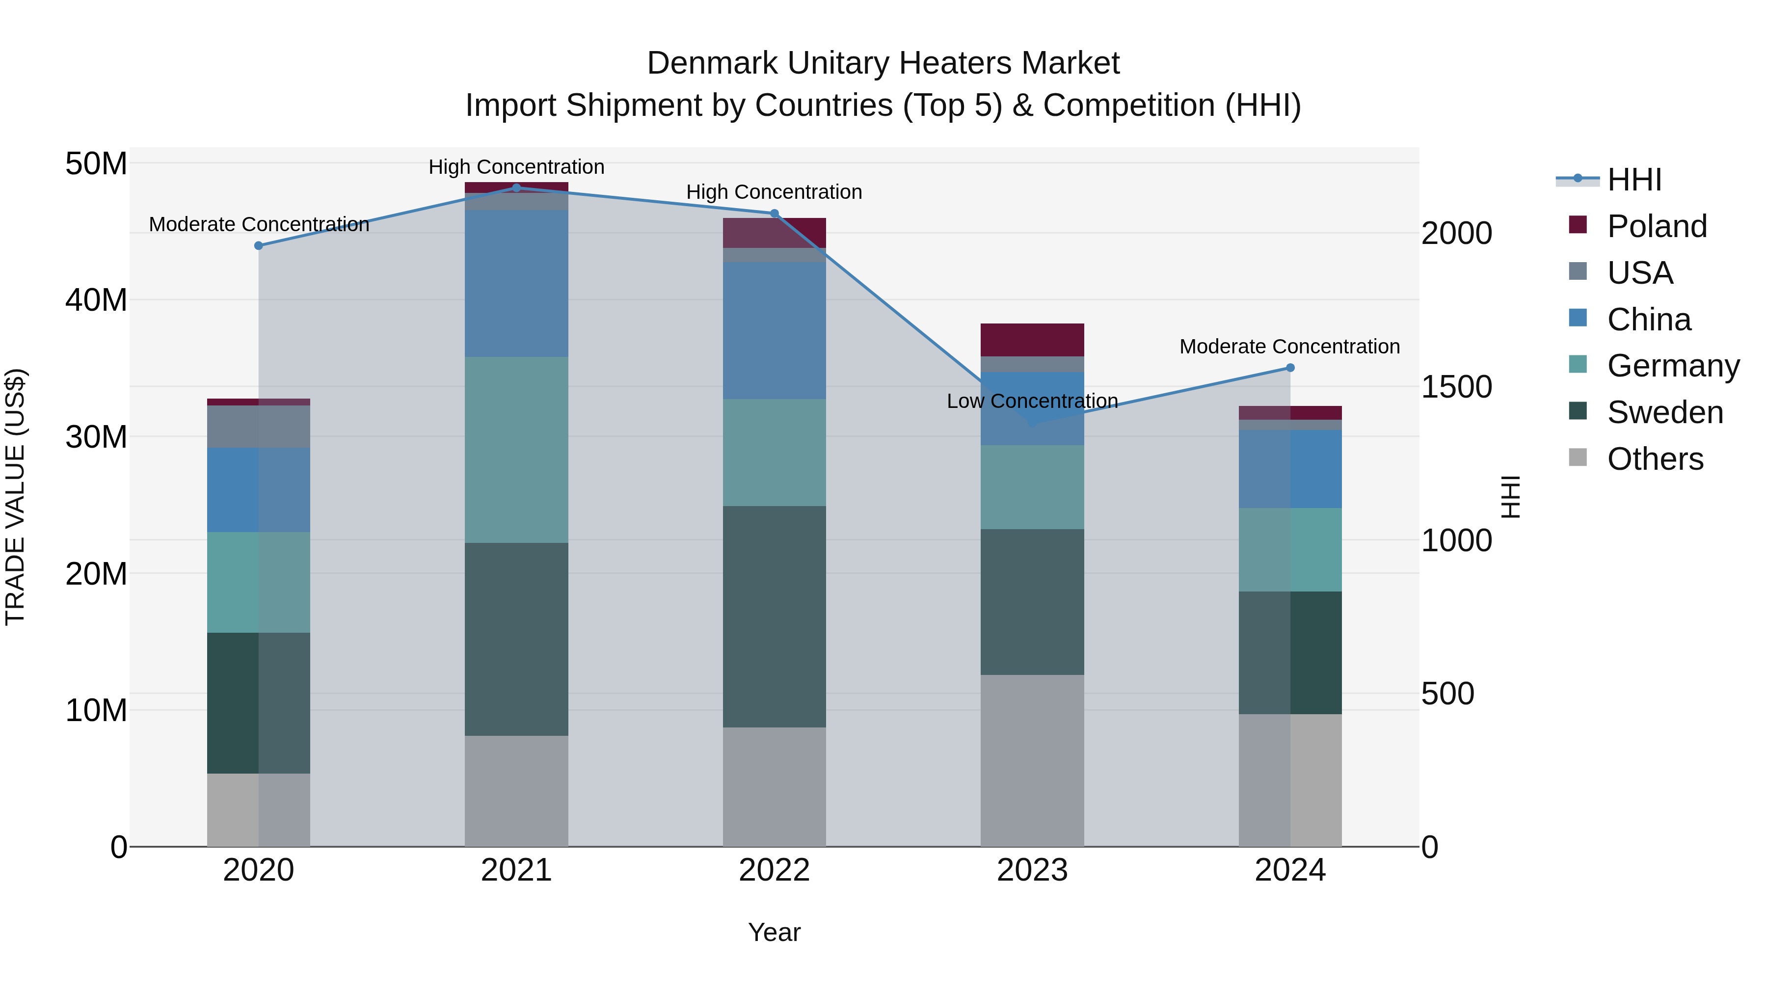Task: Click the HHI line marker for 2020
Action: coord(259,245)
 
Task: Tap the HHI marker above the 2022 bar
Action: coord(775,214)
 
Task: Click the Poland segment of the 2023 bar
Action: coord(1032,340)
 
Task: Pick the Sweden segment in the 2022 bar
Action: coord(775,616)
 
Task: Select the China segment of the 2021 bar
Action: coord(516,283)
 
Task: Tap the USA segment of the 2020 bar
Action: coord(259,426)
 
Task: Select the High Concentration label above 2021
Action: coord(516,167)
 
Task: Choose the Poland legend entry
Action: coord(1656,226)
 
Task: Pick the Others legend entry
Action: coord(1655,459)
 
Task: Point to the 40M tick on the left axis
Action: coord(96,300)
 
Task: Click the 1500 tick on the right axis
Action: coord(1456,387)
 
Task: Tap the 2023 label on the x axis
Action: coord(1032,870)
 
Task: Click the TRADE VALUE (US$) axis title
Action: coord(15,497)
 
